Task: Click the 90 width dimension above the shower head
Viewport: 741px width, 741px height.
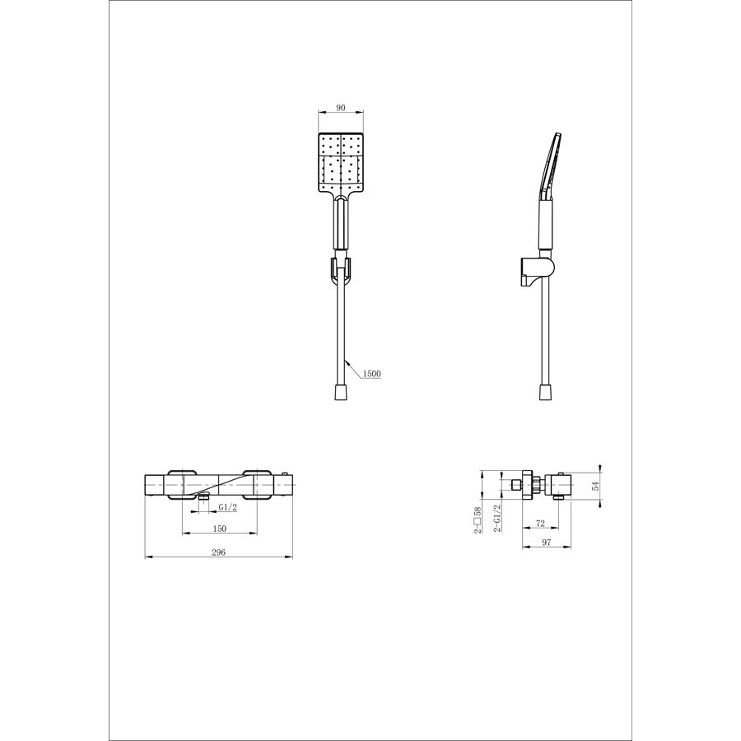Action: point(341,108)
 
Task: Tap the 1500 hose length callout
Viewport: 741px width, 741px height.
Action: point(371,374)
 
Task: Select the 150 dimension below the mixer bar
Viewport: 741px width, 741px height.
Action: point(220,529)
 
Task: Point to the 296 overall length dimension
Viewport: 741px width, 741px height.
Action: point(218,552)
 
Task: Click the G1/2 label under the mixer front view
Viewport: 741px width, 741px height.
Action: point(227,507)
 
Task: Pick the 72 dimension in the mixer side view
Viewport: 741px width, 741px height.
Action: point(541,524)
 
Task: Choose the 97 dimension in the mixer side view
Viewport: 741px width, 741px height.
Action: point(547,543)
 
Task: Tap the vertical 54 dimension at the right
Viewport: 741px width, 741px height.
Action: point(595,485)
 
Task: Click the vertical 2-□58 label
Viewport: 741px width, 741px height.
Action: point(478,520)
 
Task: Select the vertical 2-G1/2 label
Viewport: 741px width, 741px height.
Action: point(497,519)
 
